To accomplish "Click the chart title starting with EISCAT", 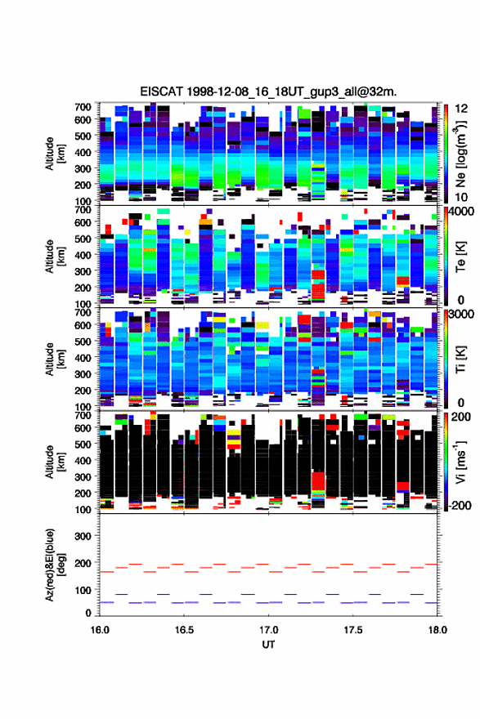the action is pos(268,92).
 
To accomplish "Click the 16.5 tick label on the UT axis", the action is pos(184,630).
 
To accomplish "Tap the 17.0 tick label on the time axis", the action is pos(268,630).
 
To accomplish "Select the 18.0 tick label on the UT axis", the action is pos(437,630).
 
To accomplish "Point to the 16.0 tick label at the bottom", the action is pos(100,630).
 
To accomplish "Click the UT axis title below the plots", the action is pos(268,645).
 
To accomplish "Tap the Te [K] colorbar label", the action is pos(460,257).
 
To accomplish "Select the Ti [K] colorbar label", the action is pos(460,359).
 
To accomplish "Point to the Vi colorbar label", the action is pos(460,462).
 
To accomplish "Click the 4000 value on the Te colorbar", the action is pos(461,212).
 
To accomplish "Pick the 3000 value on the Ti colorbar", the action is pos(461,314).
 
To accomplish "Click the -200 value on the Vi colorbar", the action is pos(460,505).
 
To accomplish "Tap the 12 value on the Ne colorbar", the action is pos(461,109).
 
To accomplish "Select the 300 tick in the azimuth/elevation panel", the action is pos(83,536).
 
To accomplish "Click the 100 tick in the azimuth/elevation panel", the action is pos(83,590).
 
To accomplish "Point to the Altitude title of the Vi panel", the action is pos(55,462).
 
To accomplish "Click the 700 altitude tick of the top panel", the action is pos(83,107).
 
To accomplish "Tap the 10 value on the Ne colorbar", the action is pos(461,197).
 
